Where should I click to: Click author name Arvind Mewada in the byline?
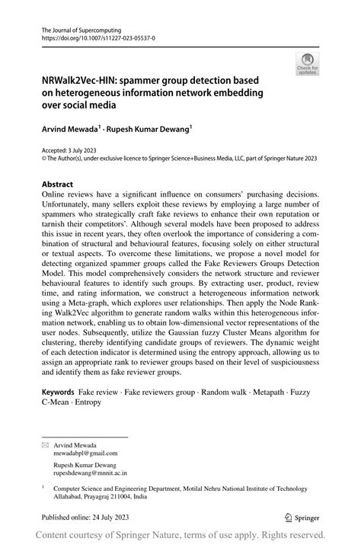coord(67,130)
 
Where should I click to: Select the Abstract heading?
coord(58,184)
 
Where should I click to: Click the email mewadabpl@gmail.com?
coord(85,452)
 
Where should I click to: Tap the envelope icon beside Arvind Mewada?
coord(45,444)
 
